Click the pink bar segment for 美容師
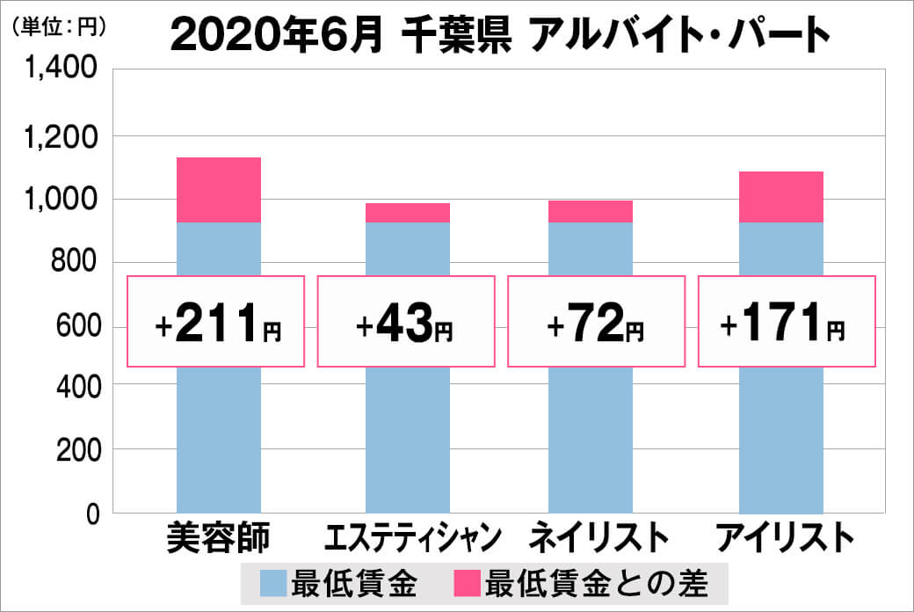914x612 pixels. coord(219,190)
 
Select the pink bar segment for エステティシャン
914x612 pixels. coord(407,213)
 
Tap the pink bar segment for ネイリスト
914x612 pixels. coord(590,211)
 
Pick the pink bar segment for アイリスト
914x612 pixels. coord(780,197)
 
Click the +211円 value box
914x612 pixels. coord(217,322)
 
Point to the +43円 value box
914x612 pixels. coord(405,322)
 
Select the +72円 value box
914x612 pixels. coord(596,322)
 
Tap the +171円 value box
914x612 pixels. coord(787,322)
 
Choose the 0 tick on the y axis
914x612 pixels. coord(91,514)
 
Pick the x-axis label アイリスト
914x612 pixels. coord(783,537)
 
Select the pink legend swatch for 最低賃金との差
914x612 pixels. coord(467,583)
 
